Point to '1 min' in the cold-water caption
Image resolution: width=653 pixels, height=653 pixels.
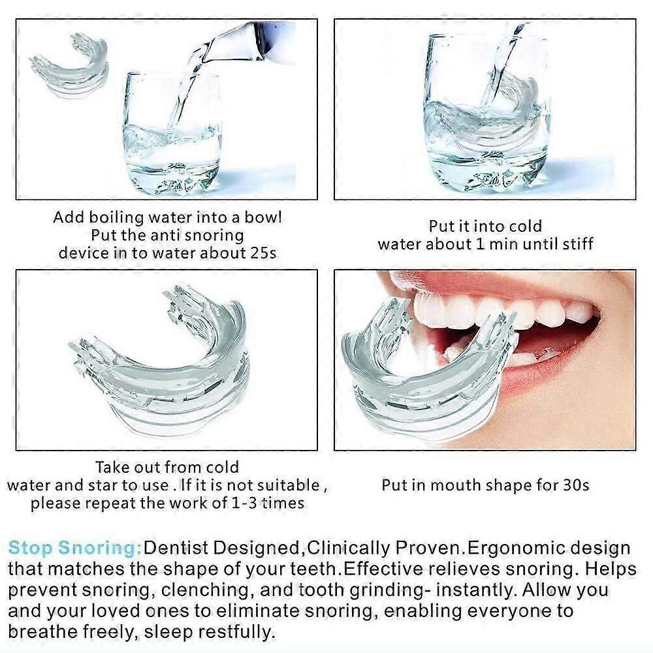(498, 244)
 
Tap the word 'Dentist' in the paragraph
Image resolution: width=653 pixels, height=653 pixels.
(175, 548)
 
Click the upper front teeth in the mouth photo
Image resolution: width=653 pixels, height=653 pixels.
(500, 310)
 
